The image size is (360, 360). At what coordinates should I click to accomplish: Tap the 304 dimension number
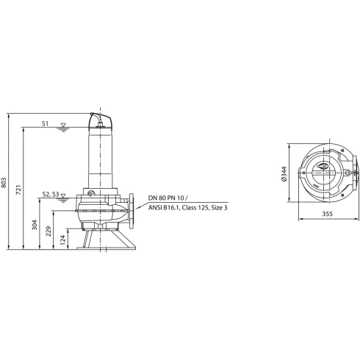(x=36, y=225)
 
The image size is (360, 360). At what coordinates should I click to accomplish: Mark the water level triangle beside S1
(x=64, y=126)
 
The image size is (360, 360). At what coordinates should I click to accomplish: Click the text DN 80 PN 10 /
(x=168, y=198)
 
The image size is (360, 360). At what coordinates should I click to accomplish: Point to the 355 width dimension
(x=328, y=215)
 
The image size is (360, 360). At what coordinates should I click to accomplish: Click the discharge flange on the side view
(x=132, y=210)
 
